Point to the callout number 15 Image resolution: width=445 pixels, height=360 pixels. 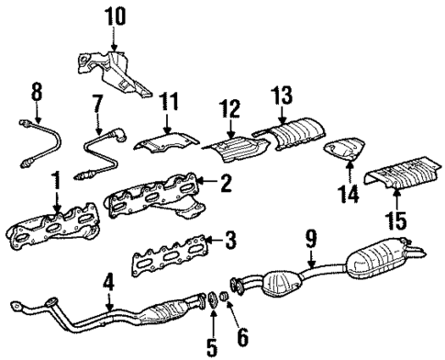(x=395, y=222)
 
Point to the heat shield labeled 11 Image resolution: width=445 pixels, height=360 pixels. (x=165, y=141)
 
